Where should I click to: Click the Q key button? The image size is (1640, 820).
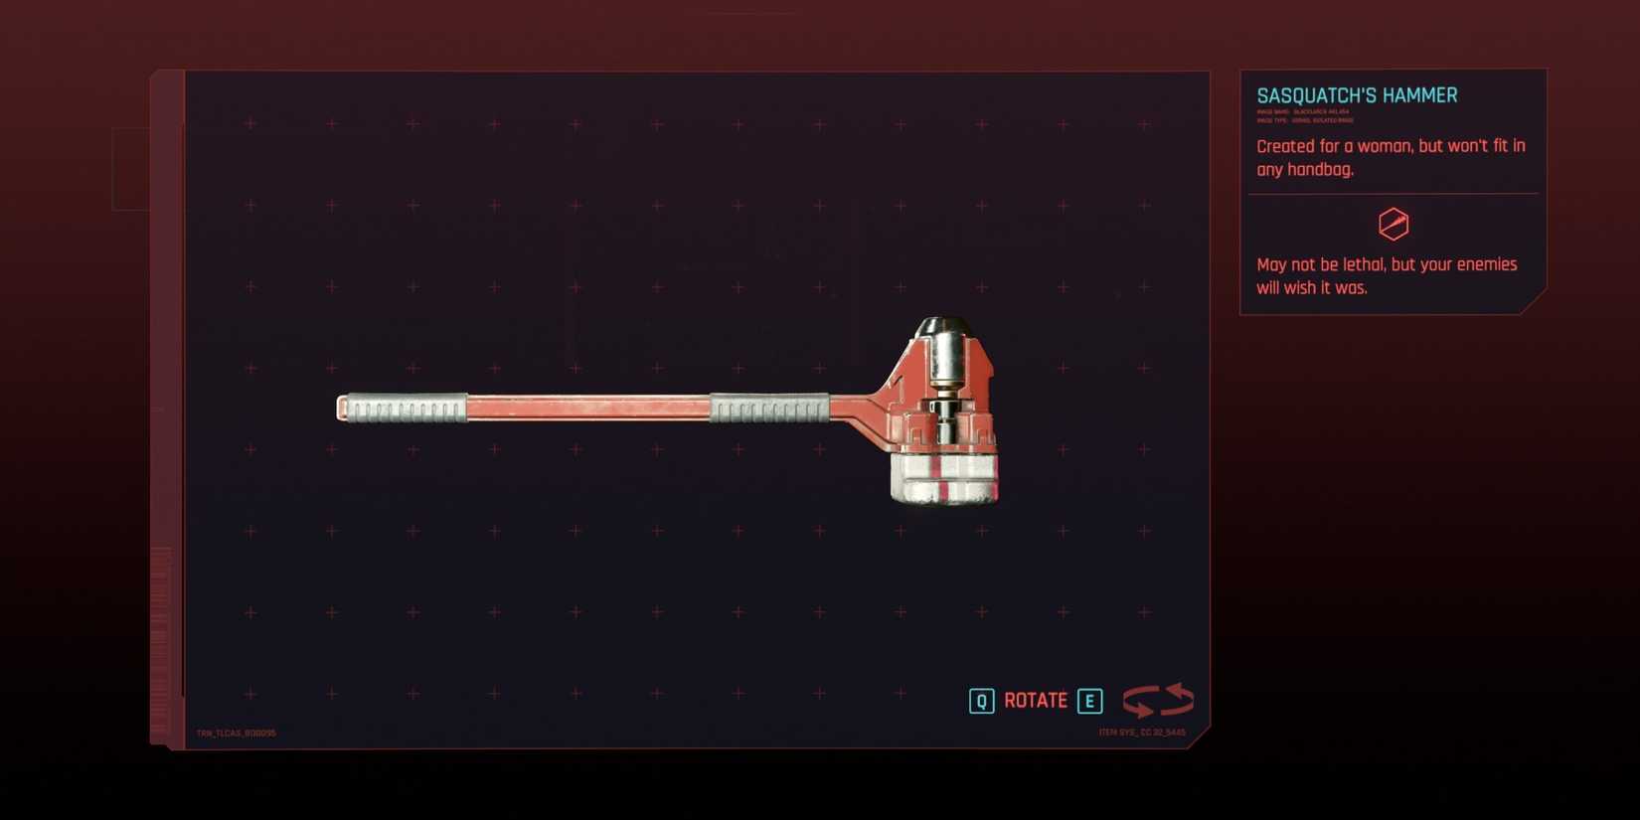click(981, 701)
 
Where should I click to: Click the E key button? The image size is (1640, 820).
click(1089, 701)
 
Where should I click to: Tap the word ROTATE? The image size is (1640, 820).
click(1036, 701)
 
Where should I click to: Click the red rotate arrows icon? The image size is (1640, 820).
click(1158, 700)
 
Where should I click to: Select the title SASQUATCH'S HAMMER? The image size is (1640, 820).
click(1357, 95)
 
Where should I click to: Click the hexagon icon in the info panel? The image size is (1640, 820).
click(1394, 225)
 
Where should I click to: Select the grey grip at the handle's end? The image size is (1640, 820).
click(403, 409)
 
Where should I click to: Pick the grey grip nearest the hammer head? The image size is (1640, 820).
click(769, 408)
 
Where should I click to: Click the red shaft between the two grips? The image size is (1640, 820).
click(586, 408)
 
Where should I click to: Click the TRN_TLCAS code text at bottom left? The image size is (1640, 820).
click(237, 734)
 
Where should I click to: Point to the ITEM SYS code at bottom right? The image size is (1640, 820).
click(1141, 733)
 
